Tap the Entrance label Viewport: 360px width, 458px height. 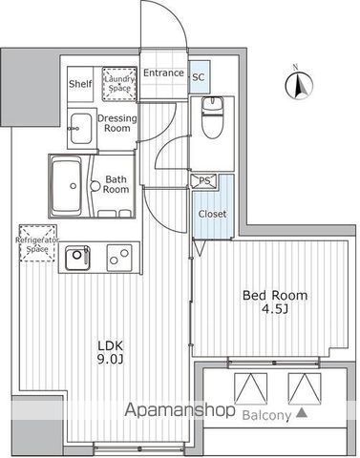coord(163,73)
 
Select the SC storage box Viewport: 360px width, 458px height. coord(199,76)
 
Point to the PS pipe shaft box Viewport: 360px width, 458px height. coord(202,179)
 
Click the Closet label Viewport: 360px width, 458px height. coord(212,214)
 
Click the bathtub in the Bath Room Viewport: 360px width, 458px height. coord(67,178)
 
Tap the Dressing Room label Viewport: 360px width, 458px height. coord(116,123)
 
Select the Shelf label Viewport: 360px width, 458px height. coord(80,84)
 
